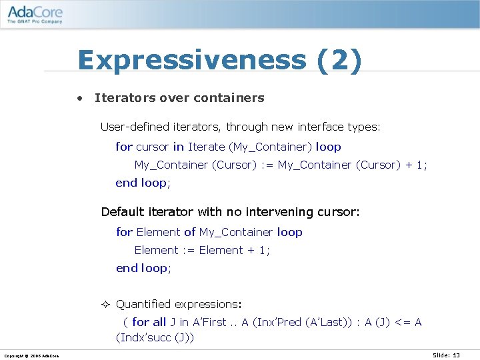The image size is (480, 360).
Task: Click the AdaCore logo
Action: [35, 12]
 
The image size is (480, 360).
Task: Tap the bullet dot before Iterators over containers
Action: [79, 99]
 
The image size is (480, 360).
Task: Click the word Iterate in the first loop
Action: [206, 147]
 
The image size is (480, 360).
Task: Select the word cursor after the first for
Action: [153, 147]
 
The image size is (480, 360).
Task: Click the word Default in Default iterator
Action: [122, 212]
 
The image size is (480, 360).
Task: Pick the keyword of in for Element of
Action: [189, 232]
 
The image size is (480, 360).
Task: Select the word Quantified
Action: [143, 304]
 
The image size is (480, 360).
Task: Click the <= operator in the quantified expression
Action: [403, 323]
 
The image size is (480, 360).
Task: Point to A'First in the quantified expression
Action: [209, 323]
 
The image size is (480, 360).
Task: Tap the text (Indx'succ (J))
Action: [155, 338]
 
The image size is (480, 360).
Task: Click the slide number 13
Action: [456, 355]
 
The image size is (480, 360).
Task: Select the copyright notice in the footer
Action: [31, 356]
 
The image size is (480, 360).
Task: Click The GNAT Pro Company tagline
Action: [35, 21]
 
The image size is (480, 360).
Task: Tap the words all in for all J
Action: [159, 323]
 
